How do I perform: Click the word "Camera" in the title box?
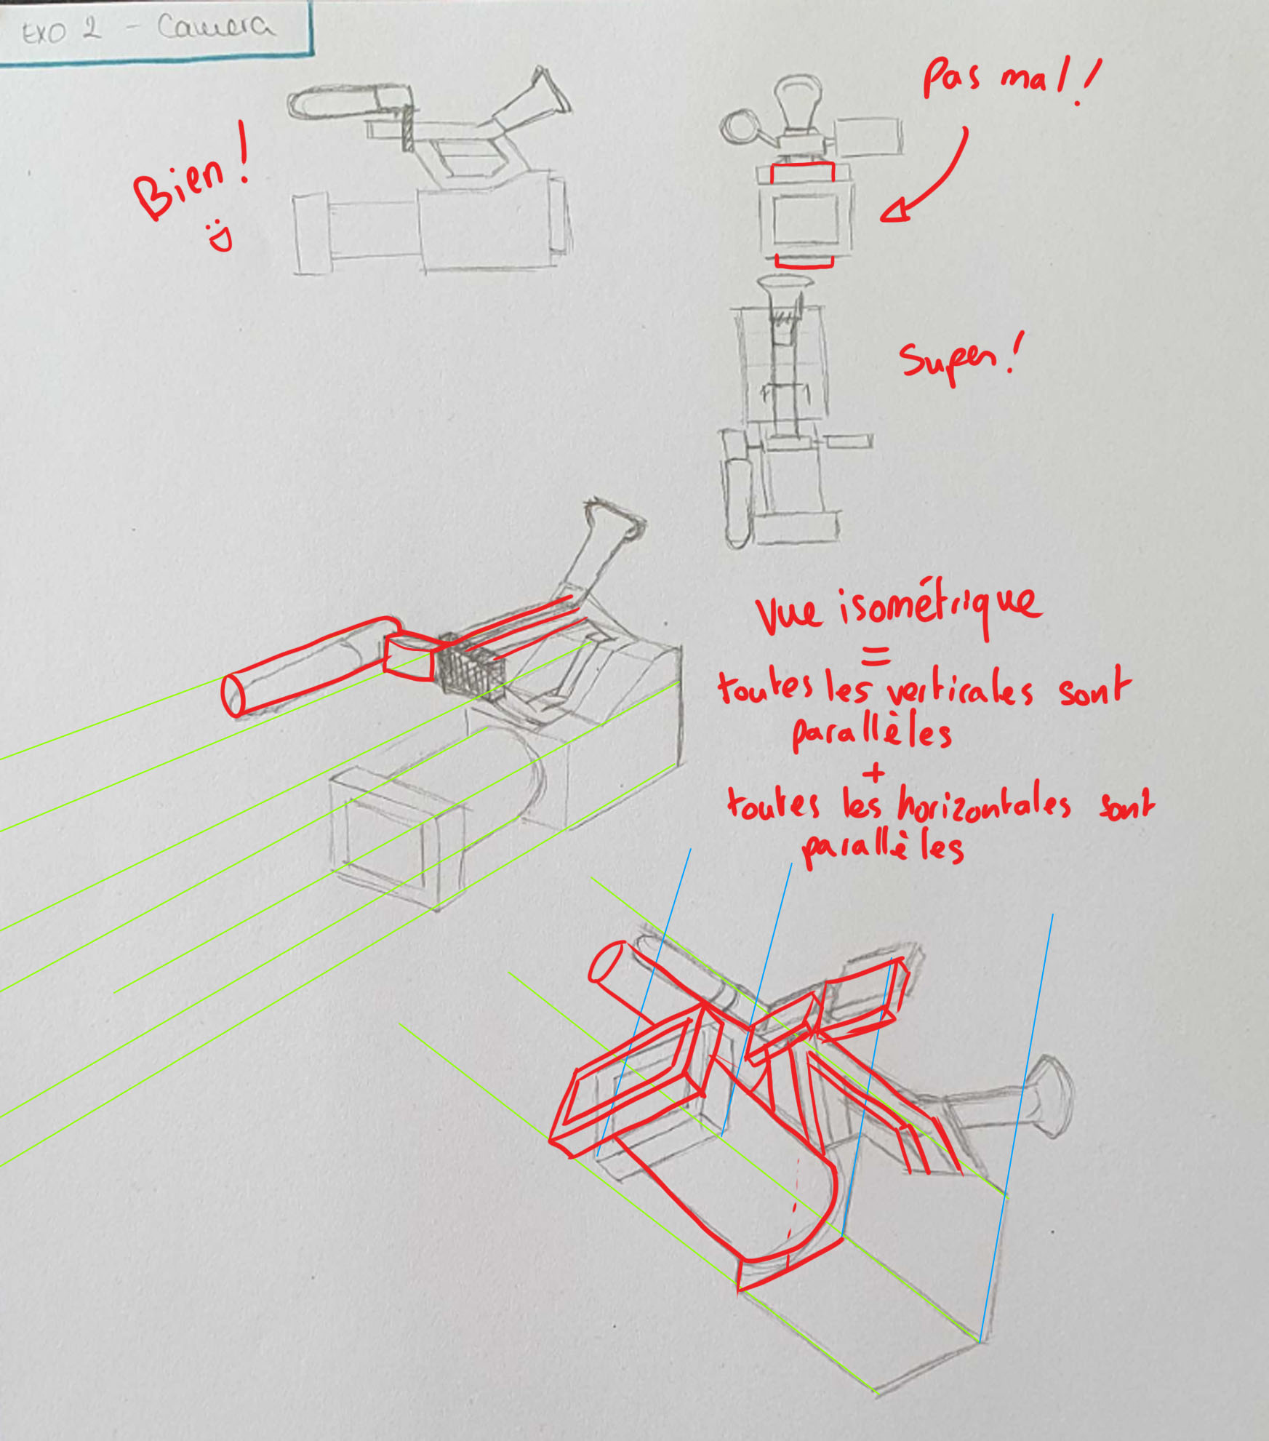pos(217,28)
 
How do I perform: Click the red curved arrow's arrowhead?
pos(896,210)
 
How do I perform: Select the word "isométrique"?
pos(941,607)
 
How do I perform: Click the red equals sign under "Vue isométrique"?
pos(876,656)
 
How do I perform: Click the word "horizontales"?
pos(984,805)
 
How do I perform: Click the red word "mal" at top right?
pos(1025,77)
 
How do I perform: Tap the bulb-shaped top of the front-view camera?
pos(798,102)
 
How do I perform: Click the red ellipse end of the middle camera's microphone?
pos(233,695)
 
